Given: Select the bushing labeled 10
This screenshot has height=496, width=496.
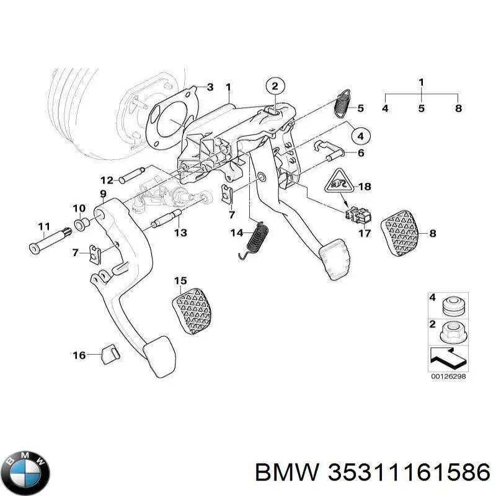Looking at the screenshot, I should tap(80, 223).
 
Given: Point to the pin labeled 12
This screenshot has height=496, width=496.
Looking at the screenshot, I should tap(131, 180).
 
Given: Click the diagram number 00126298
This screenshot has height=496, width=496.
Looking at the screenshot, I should tap(448, 376).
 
